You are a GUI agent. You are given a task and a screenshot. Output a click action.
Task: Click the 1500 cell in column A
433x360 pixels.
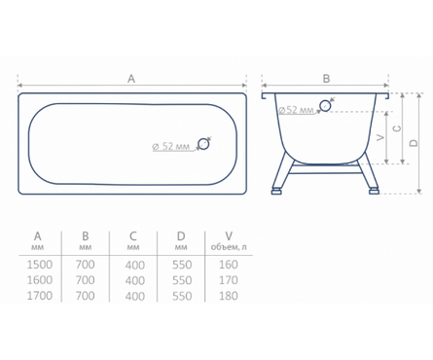click(39, 265)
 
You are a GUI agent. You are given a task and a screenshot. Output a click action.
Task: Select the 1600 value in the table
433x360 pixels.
click(39, 280)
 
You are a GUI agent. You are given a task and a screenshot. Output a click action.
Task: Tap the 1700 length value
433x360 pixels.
click(39, 296)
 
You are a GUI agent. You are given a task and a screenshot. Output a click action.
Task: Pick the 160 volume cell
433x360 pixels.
click(229, 265)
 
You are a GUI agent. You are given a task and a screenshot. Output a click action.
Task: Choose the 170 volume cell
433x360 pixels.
click(229, 280)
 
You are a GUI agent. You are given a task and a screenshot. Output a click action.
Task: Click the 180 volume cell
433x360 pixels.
click(229, 296)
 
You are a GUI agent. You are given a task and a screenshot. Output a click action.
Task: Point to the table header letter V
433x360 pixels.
click(229, 236)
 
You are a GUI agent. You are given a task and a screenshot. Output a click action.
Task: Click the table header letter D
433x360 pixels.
click(181, 236)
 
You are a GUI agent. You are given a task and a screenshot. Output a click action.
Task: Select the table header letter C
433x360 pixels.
click(133, 236)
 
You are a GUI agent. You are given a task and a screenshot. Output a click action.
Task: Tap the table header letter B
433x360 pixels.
click(86, 236)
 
